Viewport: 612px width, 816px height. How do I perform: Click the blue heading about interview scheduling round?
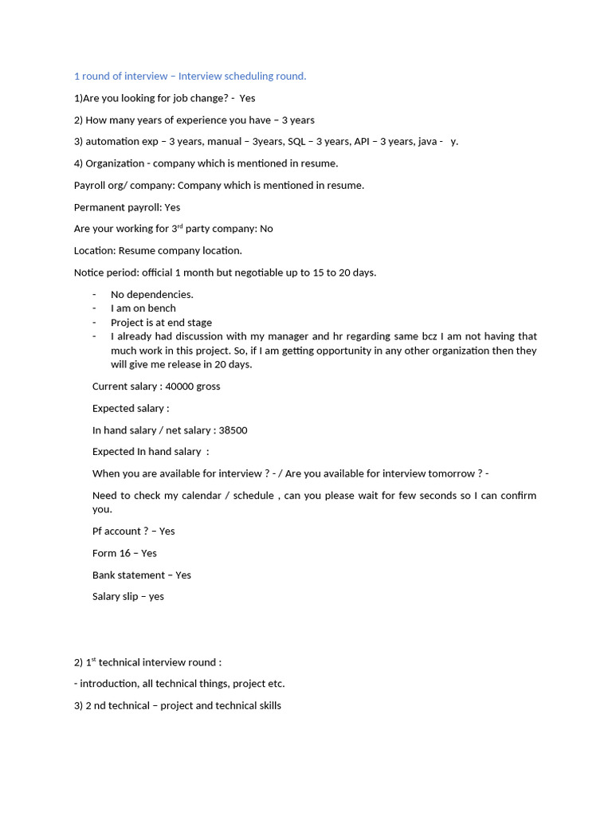190,76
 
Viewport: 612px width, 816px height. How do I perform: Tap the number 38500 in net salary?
233,430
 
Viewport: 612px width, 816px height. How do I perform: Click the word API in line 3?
364,142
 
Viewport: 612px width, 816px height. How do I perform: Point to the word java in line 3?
427,142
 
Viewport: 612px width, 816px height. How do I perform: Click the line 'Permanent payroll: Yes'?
127,207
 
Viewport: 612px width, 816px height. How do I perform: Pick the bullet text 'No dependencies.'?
151,295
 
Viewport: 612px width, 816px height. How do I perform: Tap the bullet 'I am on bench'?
143,308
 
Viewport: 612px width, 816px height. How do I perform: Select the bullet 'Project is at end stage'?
161,323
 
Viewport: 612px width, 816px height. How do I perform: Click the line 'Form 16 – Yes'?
124,553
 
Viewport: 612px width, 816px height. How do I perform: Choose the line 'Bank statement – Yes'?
142,575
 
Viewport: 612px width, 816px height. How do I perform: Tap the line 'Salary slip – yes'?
127,597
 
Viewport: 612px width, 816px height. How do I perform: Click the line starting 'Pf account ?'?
133,532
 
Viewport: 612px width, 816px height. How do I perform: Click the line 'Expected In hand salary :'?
151,452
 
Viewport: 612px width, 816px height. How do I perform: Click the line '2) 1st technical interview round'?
147,662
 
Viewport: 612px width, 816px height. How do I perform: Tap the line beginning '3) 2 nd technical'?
177,706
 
